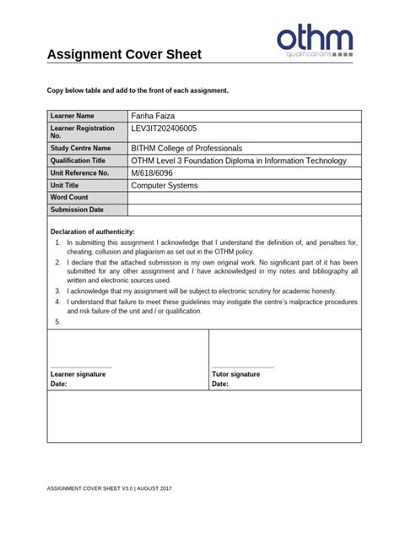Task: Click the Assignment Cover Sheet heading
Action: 124,56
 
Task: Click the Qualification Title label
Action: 78,161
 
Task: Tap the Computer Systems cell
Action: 165,185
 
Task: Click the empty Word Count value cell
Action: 244,198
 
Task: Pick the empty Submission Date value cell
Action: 244,210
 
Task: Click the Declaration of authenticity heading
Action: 92,232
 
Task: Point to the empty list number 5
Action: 57,322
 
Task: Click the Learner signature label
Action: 78,373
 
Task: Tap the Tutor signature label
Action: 235,373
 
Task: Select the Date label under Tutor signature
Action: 220,384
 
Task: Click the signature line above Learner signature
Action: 81,366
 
